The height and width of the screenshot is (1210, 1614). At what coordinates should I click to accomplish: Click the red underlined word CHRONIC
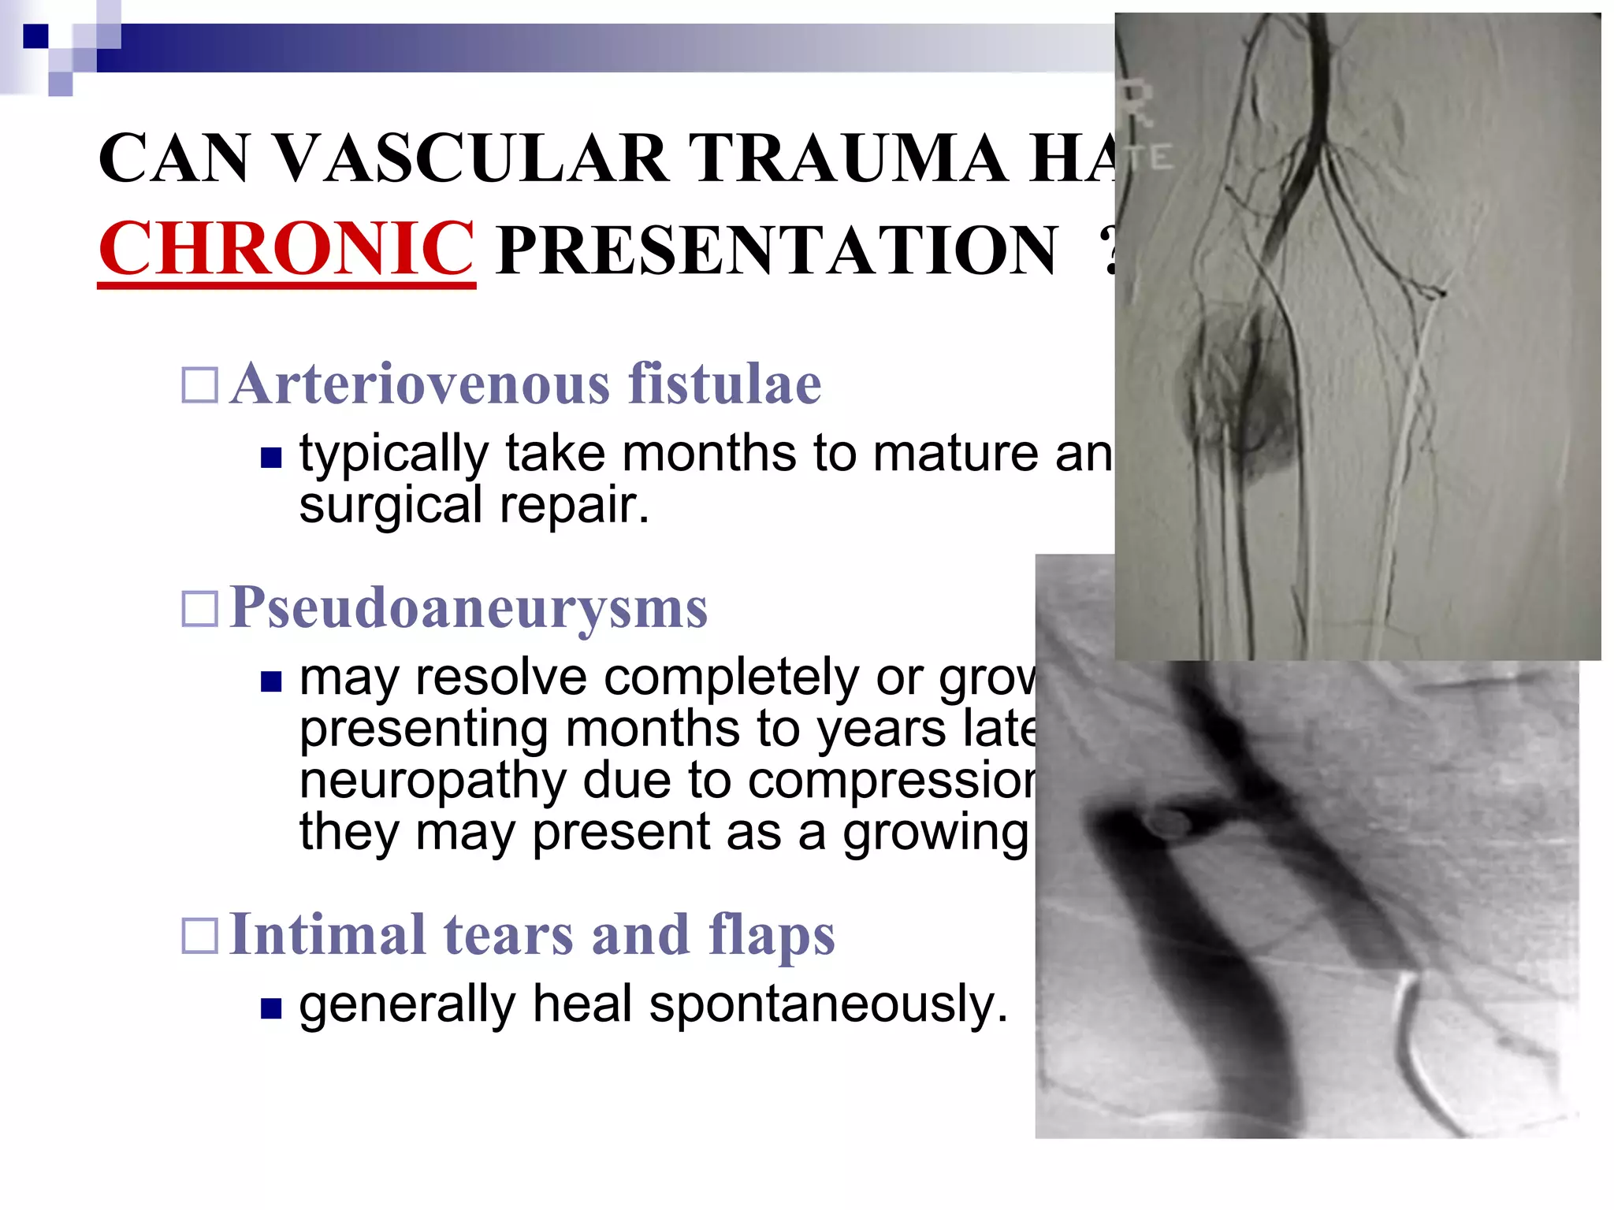pos(286,249)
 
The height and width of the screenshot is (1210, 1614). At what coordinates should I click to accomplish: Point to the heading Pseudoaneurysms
pos(468,608)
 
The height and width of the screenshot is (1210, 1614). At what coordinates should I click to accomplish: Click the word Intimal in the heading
pos(327,935)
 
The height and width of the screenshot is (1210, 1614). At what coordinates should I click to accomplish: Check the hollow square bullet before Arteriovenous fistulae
pos(199,386)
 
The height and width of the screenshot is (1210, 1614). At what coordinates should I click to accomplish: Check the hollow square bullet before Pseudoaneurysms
pos(199,609)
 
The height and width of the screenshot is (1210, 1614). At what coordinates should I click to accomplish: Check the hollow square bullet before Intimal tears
pos(199,937)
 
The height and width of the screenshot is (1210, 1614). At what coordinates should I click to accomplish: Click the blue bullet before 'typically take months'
pos(271,458)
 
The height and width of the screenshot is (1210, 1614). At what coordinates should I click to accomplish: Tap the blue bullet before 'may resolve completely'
pos(271,681)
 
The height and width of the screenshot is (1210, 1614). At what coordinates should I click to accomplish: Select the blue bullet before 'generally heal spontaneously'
pos(271,1008)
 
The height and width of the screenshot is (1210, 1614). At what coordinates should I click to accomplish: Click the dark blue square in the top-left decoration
pos(35,35)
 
